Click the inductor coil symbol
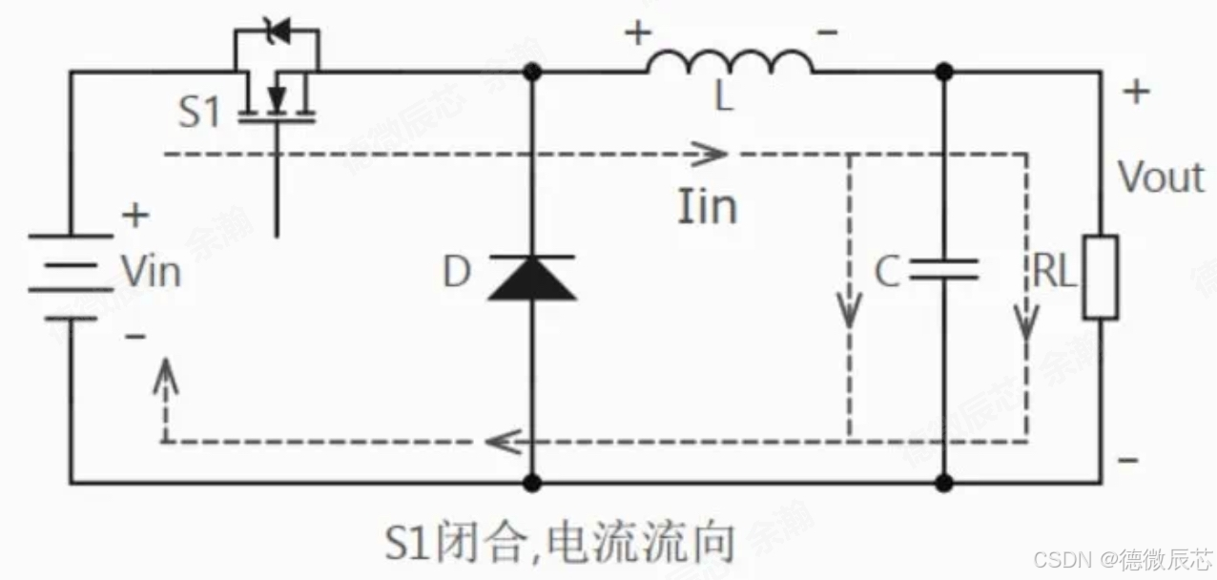tap(731, 63)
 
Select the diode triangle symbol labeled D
tap(531, 279)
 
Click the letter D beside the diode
tap(457, 273)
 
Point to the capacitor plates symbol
tap(943, 270)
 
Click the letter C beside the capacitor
tap(887, 274)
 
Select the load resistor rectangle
tap(1100, 276)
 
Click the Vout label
tap(1161, 177)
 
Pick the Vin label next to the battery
tap(151, 273)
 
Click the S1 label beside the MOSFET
tap(198, 113)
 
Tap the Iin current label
tap(707, 206)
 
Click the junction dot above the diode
tap(532, 71)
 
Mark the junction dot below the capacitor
tap(943, 483)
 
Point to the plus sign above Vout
tap(1136, 93)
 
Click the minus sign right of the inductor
tap(828, 33)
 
